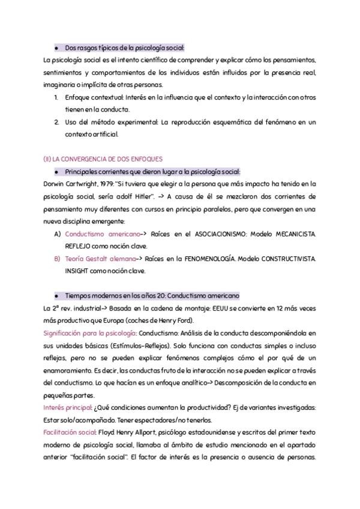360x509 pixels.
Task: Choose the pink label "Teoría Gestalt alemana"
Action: (x=100, y=259)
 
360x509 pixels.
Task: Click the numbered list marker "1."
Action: (x=56, y=97)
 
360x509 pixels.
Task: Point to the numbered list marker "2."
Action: (x=56, y=122)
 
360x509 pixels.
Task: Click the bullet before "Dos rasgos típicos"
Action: (x=56, y=47)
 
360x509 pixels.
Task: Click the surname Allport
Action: (x=147, y=432)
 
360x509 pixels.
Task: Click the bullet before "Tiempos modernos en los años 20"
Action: (x=56, y=296)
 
